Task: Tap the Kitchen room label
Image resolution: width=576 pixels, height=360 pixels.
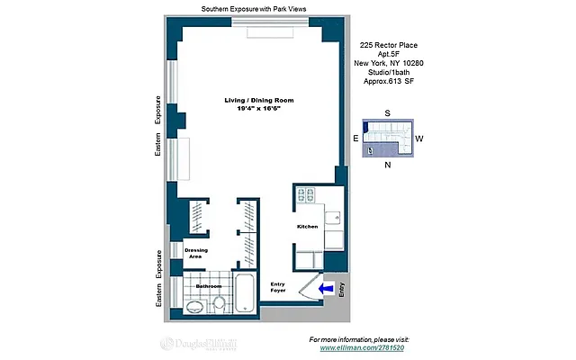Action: [307, 227]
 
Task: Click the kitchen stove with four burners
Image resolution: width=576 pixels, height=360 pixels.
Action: [304, 195]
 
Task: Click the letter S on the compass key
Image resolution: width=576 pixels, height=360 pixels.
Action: [387, 112]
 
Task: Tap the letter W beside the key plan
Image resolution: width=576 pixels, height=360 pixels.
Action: [419, 139]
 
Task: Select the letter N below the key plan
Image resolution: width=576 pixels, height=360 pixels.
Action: [387, 165]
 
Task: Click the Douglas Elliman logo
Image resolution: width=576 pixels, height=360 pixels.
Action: [198, 344]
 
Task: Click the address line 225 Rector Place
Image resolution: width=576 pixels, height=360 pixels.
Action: [388, 45]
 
